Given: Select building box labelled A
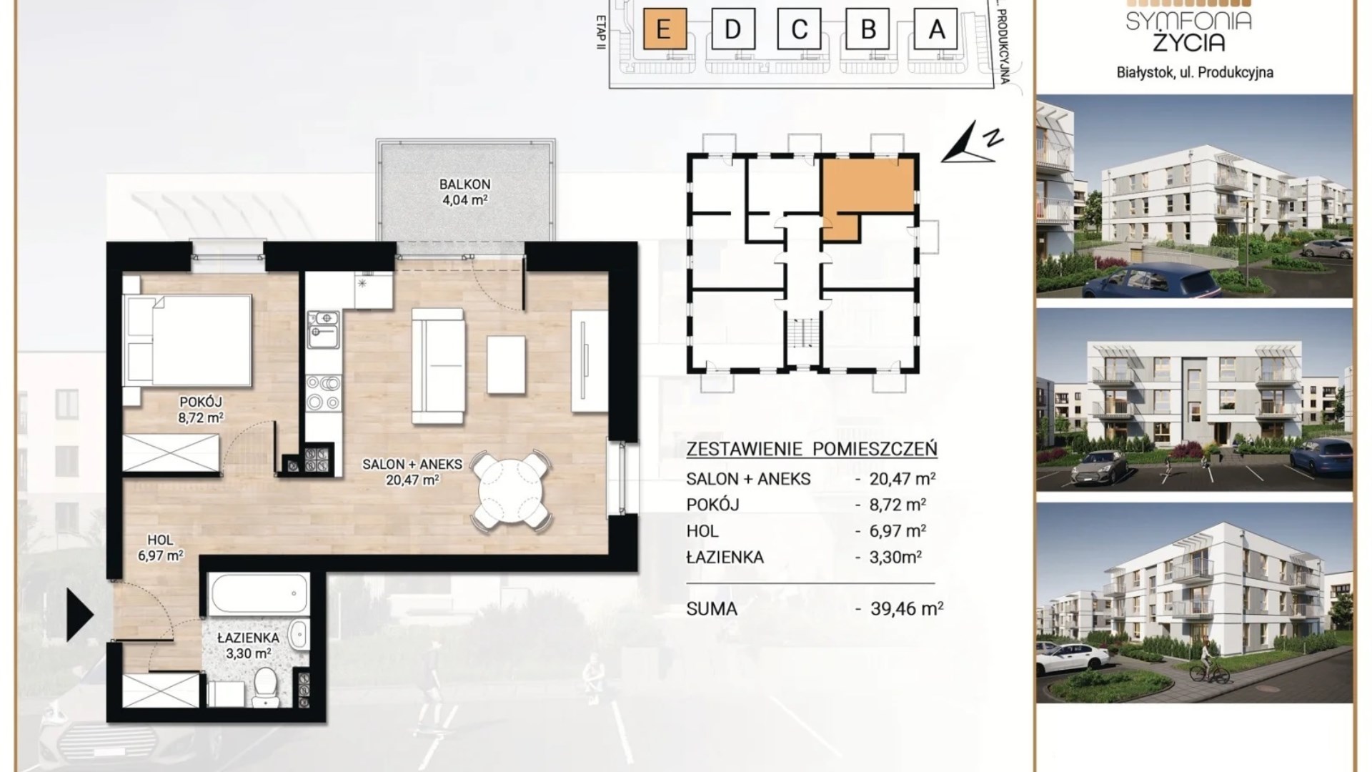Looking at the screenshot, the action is pos(936,29).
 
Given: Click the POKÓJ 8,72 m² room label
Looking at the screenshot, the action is pos(201,410).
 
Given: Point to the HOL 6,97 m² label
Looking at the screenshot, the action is pos(161,548).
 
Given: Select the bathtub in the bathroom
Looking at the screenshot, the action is pos(259,593).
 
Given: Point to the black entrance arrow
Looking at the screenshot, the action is pos(80,615).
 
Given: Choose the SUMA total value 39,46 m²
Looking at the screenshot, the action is pos(907,608).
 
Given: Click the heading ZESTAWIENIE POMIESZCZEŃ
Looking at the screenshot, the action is pos(811,449).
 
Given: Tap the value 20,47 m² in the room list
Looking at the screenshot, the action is pos(903,478).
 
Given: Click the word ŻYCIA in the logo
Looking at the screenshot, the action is pos(1188,41).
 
